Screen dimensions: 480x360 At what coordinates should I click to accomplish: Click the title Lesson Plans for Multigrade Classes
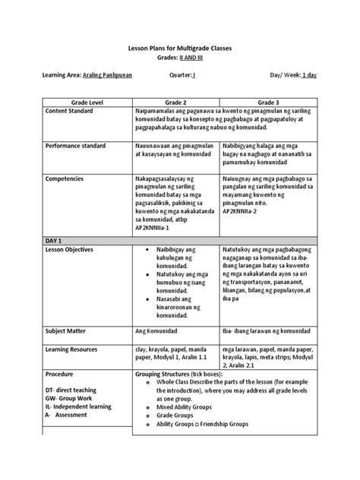180,48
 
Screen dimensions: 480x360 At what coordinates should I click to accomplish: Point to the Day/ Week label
286,77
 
